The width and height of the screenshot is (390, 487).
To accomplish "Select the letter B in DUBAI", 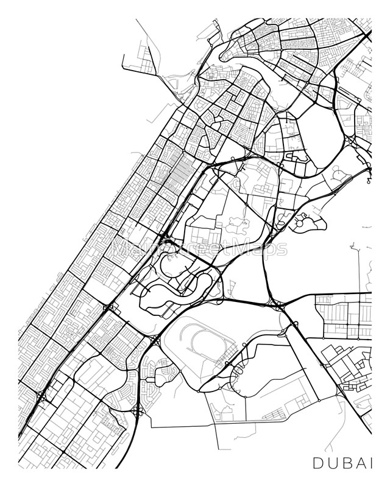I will (346, 463).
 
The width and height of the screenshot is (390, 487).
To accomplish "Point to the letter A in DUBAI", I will (360, 463).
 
